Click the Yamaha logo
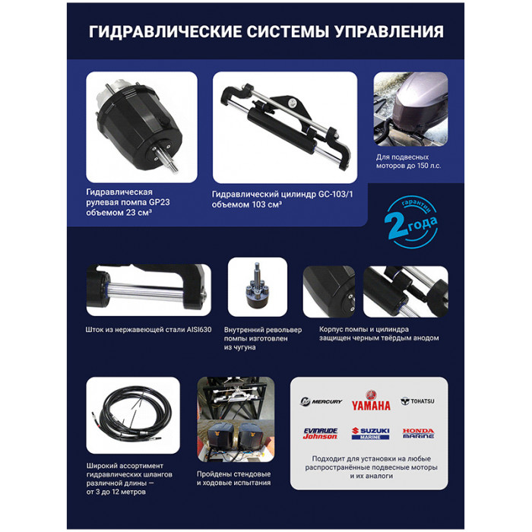point(371,401)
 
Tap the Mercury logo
point(321,401)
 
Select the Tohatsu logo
point(417,401)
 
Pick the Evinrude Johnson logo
point(320,433)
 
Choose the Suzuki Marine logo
point(371,433)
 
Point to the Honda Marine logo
point(418,433)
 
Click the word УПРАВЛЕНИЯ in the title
point(389,32)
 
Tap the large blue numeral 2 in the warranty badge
point(396,225)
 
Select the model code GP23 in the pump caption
point(160,202)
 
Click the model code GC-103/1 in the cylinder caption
point(335,195)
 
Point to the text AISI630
point(199,329)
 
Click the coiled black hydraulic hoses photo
point(133,415)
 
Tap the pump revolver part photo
point(258,287)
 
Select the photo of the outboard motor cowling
point(410,109)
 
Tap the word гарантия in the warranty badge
point(418,206)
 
